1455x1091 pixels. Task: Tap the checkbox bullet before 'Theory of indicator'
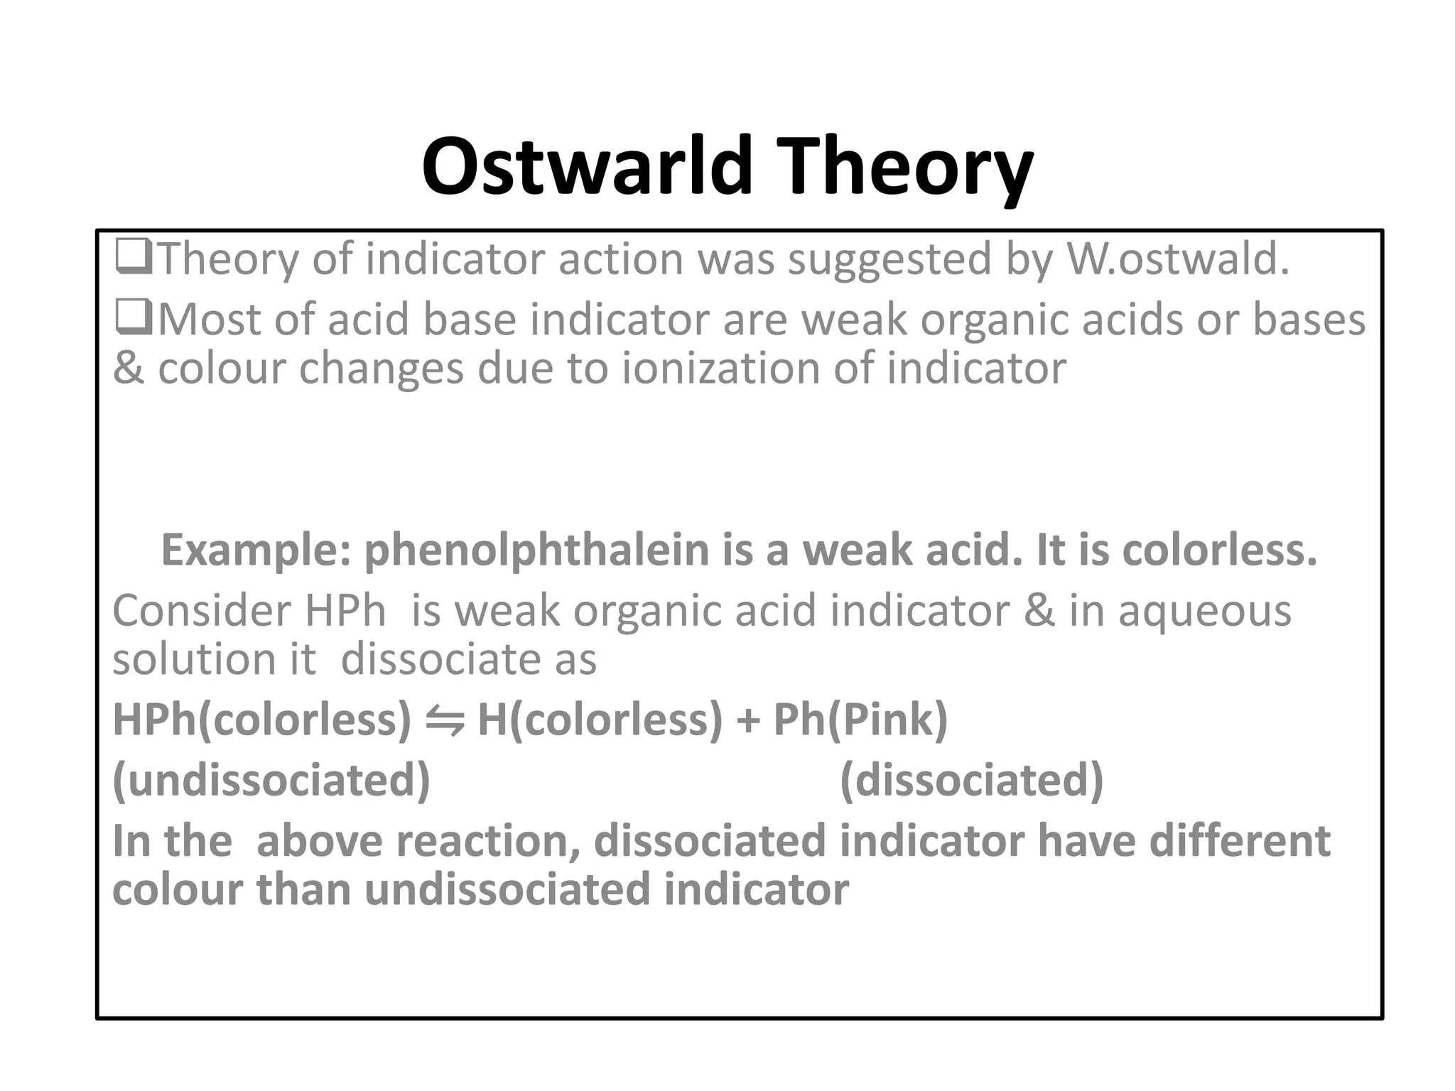click(133, 257)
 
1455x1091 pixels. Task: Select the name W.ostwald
click(1177, 259)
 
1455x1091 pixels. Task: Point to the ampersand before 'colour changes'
click(129, 368)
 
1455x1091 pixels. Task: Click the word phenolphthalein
click(537, 550)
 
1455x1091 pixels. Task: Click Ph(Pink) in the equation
click(860, 719)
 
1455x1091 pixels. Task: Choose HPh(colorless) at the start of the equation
click(261, 719)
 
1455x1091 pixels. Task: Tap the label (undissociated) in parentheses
click(271, 780)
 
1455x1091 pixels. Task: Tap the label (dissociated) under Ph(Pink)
click(971, 780)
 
